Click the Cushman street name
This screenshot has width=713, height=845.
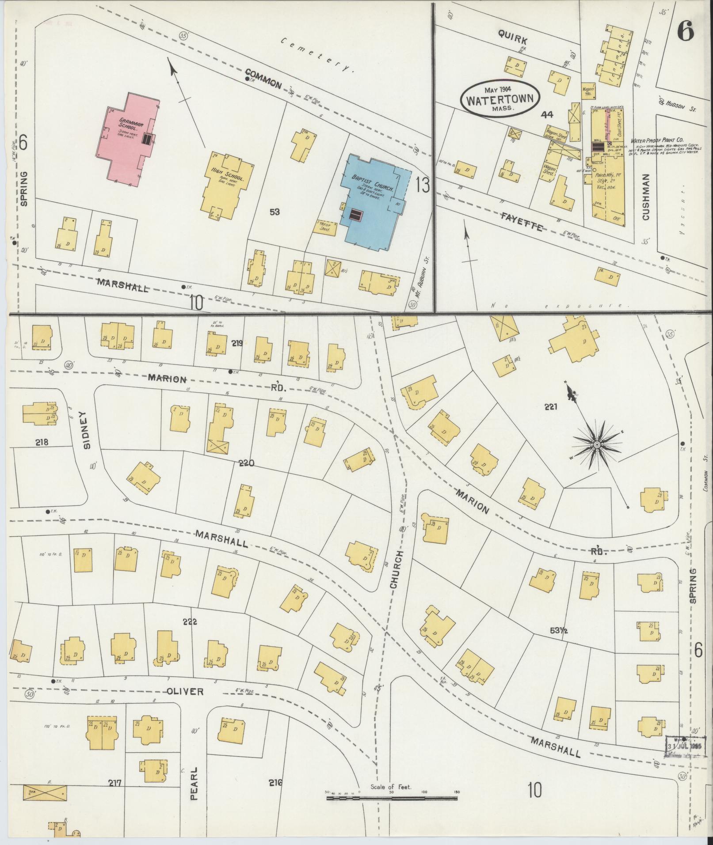point(646,196)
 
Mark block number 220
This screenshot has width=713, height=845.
point(246,463)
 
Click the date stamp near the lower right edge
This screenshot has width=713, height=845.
point(685,746)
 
